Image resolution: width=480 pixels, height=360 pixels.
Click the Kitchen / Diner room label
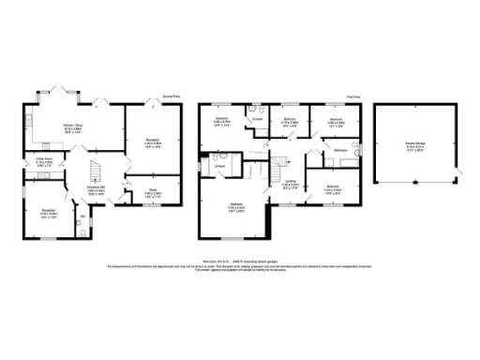(x=71, y=129)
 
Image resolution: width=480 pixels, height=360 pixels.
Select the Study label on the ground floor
(x=150, y=193)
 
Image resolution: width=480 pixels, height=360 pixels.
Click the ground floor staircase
(x=94, y=171)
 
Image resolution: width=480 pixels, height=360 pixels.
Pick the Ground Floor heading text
(x=170, y=97)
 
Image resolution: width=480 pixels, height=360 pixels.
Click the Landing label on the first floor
(x=292, y=183)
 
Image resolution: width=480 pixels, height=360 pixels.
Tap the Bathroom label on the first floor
(x=340, y=150)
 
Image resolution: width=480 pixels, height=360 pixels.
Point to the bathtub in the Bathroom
(x=340, y=164)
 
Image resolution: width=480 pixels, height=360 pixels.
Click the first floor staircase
(x=278, y=169)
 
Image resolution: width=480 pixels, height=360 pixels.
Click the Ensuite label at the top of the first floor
(x=257, y=119)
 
